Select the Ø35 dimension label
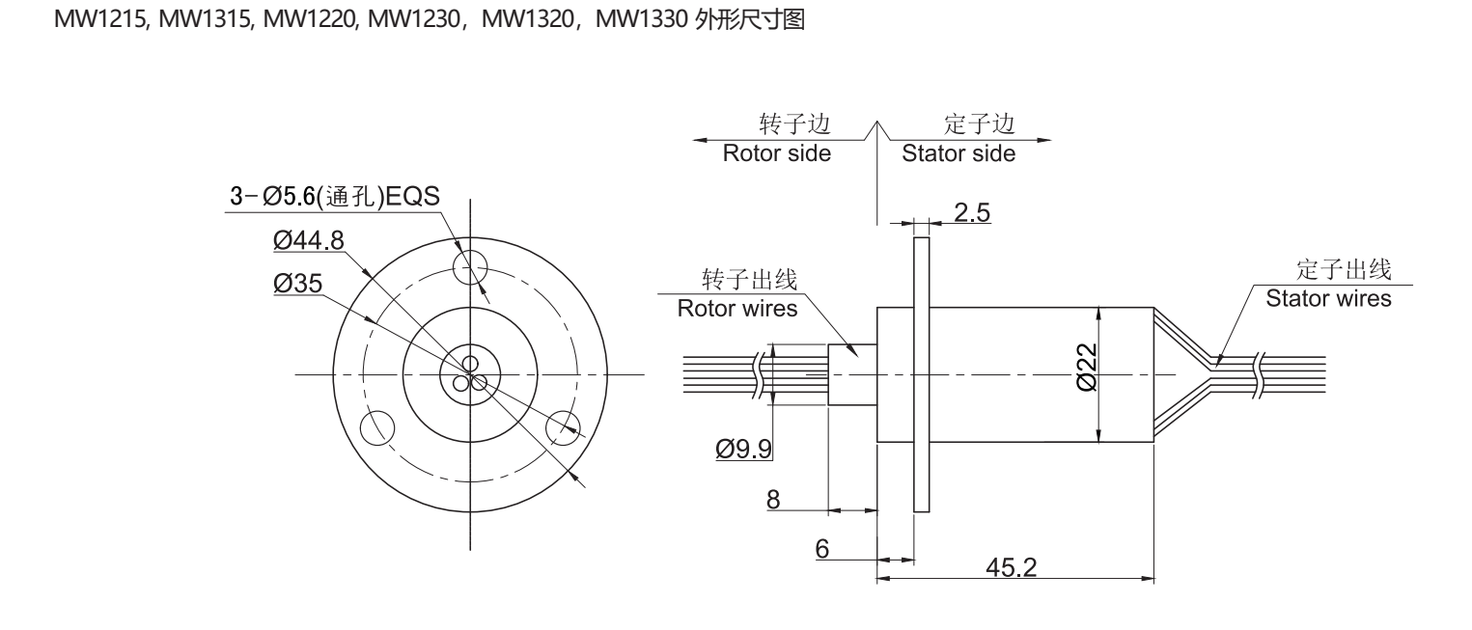point(296,283)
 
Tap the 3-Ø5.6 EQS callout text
point(331,197)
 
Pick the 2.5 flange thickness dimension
point(971,212)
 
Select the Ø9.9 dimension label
point(742,449)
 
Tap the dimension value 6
point(822,547)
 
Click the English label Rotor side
point(777,153)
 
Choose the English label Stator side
point(958,153)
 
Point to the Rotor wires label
point(737,310)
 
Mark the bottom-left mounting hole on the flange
point(376,425)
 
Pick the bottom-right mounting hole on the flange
point(563,425)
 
